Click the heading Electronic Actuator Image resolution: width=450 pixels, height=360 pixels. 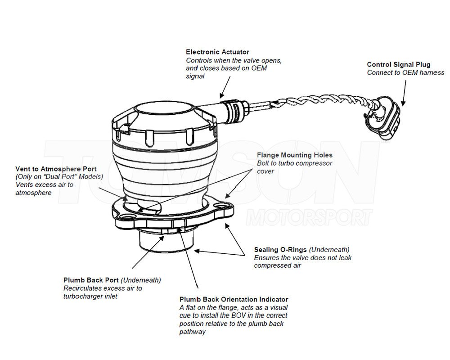[x=217, y=52]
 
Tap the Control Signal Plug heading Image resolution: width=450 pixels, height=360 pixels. [x=398, y=65]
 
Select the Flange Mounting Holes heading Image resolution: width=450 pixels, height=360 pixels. [x=294, y=155]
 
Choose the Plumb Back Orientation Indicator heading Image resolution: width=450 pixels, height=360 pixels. [x=234, y=299]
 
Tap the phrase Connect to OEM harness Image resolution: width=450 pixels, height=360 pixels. [x=405, y=73]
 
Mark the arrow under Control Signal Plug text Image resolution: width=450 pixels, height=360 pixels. [x=402, y=92]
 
